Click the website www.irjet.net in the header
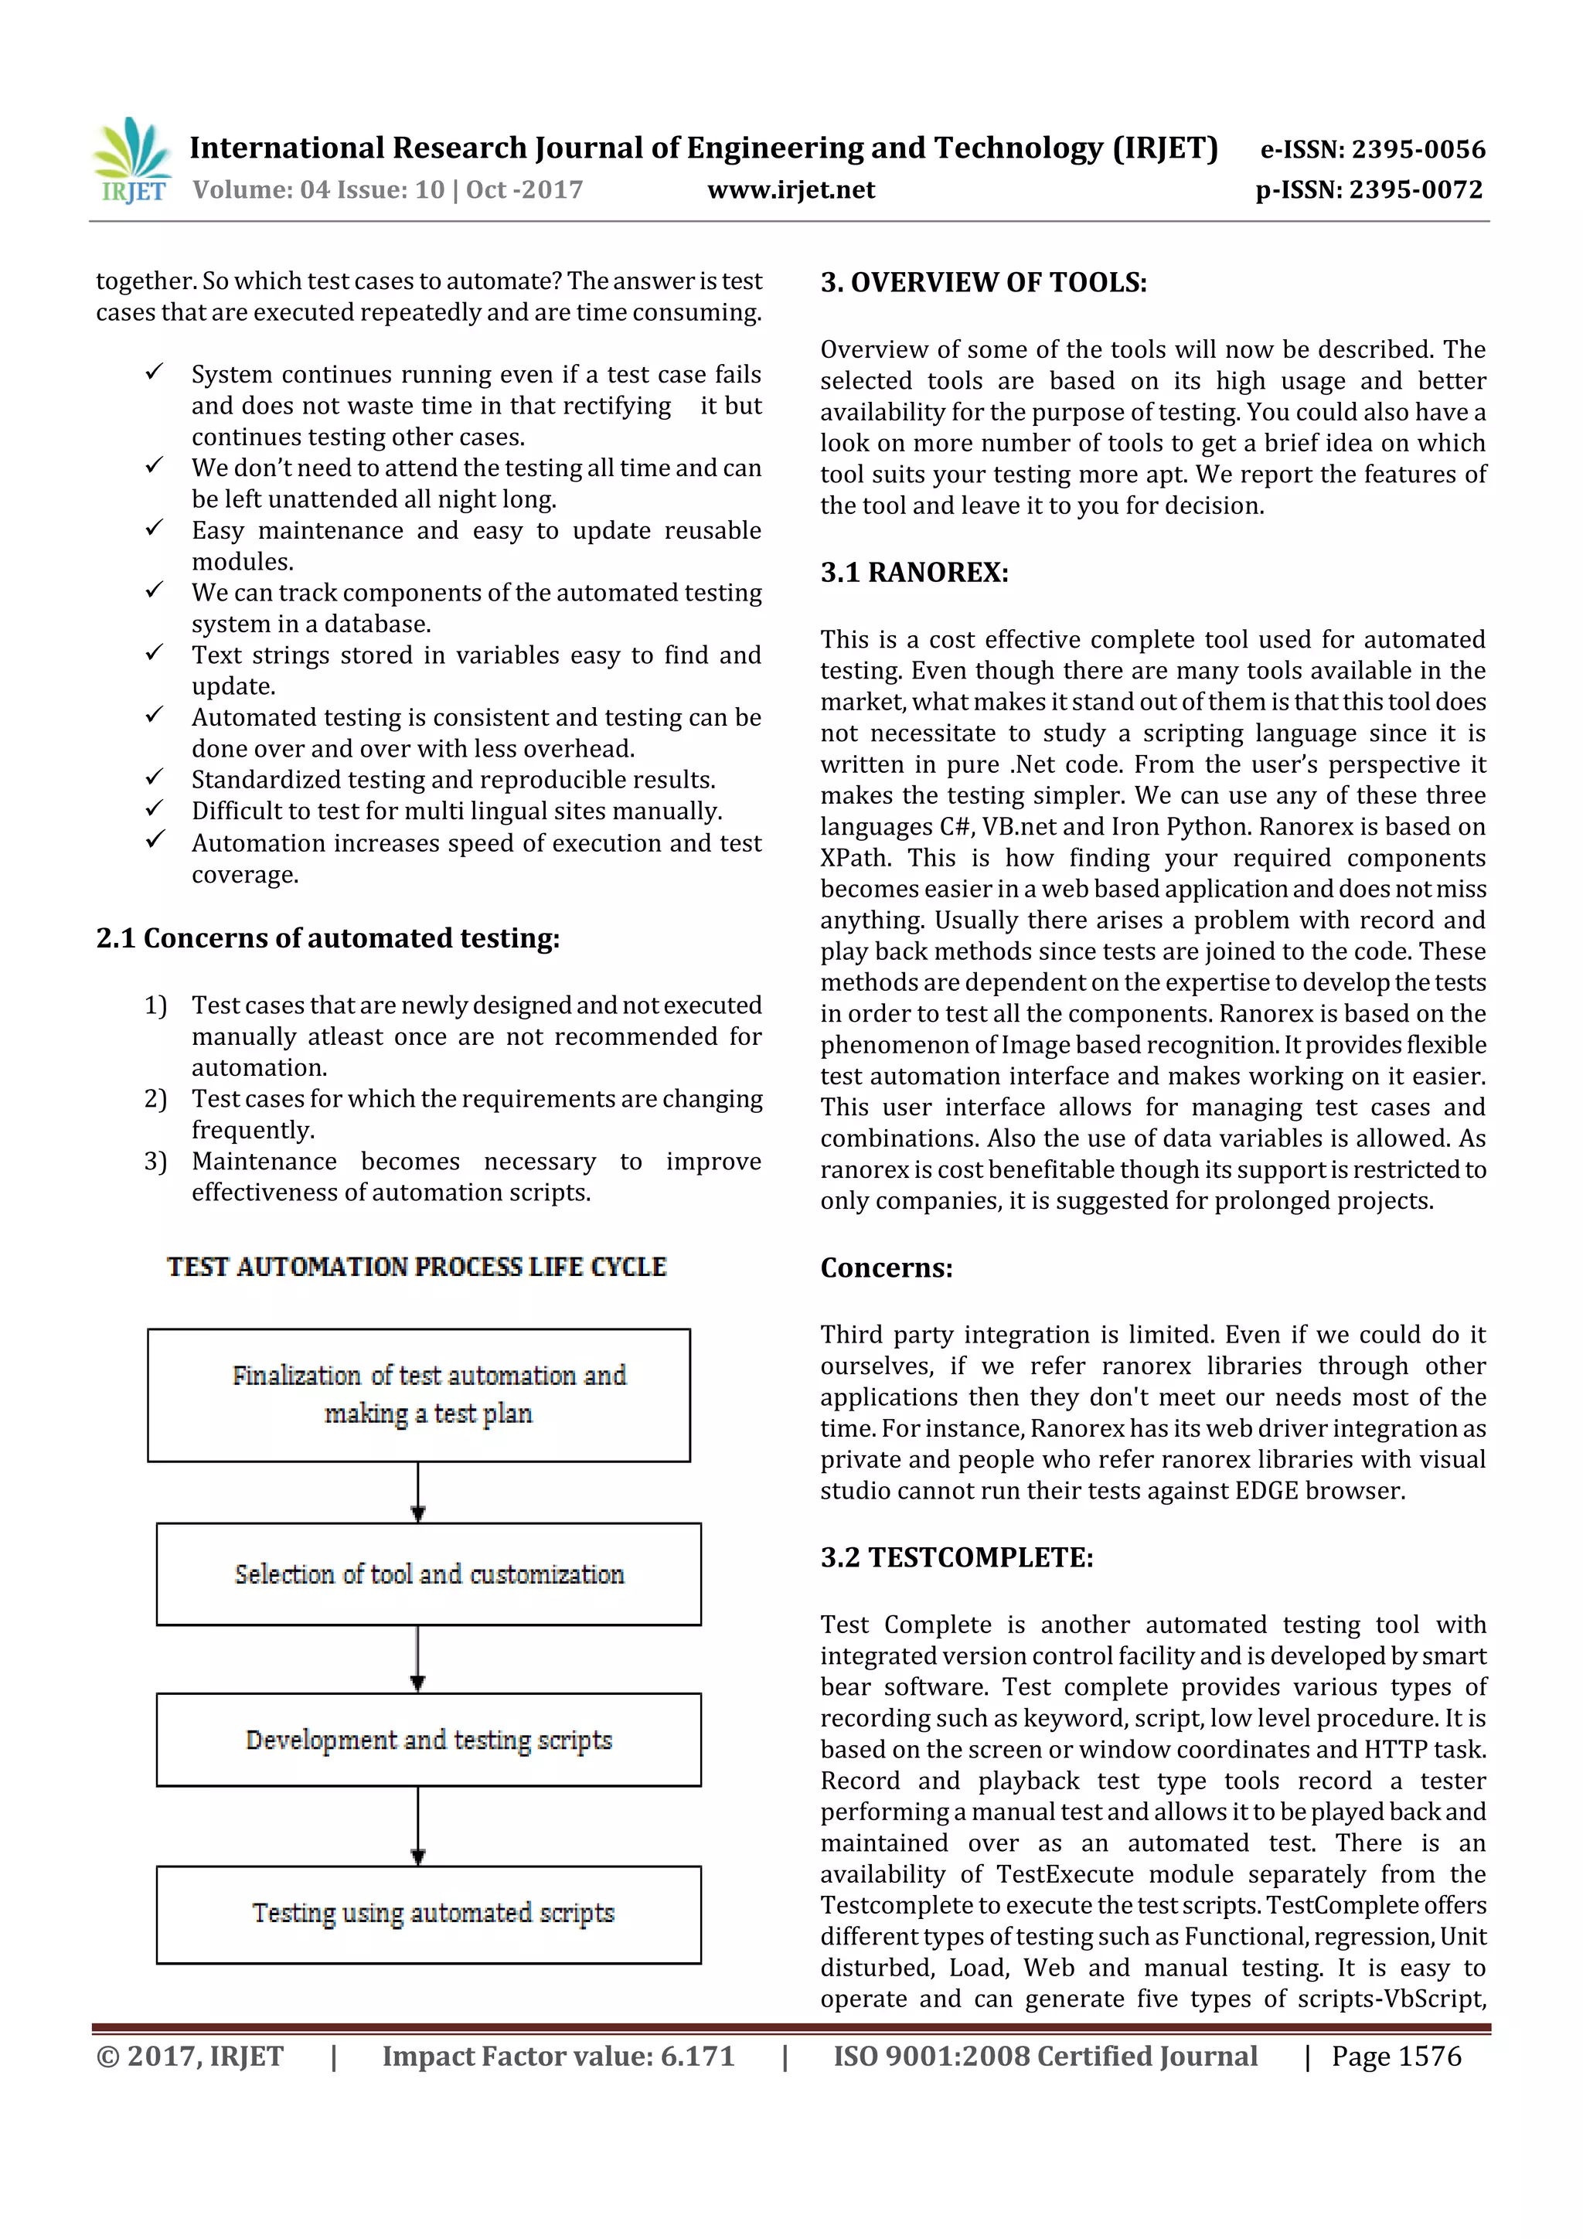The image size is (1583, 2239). pyautogui.click(x=791, y=190)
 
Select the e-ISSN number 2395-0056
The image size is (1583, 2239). pyautogui.click(x=1418, y=149)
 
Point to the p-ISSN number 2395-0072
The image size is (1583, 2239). pyautogui.click(x=1415, y=190)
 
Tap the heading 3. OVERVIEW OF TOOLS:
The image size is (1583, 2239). pyautogui.click(x=983, y=283)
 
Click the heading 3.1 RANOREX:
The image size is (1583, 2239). pyautogui.click(x=914, y=573)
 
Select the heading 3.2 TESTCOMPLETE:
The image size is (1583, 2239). pyautogui.click(x=956, y=1557)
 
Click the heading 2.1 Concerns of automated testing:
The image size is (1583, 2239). pyautogui.click(x=328, y=938)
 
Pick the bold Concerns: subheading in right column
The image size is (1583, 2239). pyautogui.click(x=886, y=1268)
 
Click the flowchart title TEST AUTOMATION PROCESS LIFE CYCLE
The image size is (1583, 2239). pyautogui.click(x=417, y=1267)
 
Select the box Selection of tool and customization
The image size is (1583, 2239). pyautogui.click(x=428, y=1574)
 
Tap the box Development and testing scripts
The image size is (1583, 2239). pyautogui.click(x=428, y=1740)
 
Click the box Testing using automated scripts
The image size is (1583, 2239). pyautogui.click(x=428, y=1914)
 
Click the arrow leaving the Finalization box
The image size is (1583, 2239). pyautogui.click(x=418, y=1492)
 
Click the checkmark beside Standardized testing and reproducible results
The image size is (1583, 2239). pyautogui.click(x=154, y=778)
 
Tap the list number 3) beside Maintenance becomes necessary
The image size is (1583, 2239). pyautogui.click(x=156, y=1162)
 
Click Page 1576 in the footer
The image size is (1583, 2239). pyautogui.click(x=1396, y=2057)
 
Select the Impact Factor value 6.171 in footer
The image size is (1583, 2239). pyautogui.click(x=558, y=2057)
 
